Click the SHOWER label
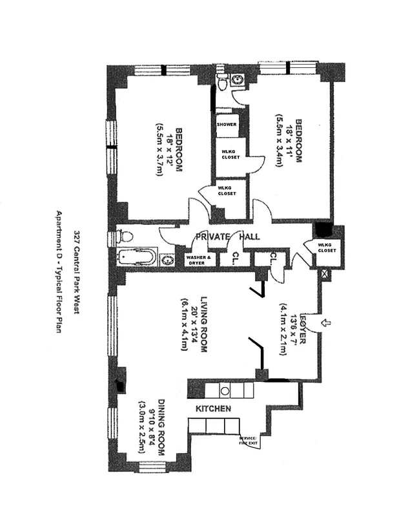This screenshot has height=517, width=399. point(227,125)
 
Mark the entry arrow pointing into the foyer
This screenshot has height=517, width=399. point(325,320)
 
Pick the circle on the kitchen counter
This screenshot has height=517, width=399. point(225,390)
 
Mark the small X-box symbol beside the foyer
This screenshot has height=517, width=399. point(323,274)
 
